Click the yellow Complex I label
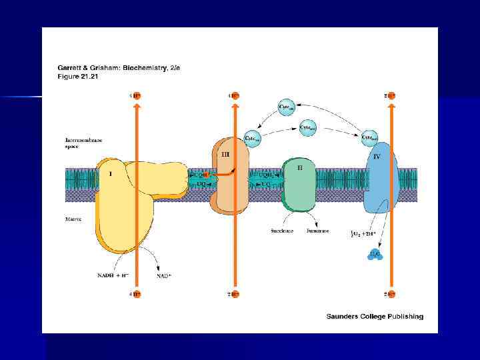[111, 174]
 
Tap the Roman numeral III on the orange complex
[225, 154]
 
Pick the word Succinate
[279, 231]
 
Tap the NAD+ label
[163, 276]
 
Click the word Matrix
[74, 219]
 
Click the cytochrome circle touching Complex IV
[369, 139]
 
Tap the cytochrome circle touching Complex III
[253, 138]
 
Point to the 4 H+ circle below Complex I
[136, 293]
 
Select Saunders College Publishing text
[375, 316]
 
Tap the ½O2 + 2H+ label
[366, 233]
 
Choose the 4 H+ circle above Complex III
[234, 95]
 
